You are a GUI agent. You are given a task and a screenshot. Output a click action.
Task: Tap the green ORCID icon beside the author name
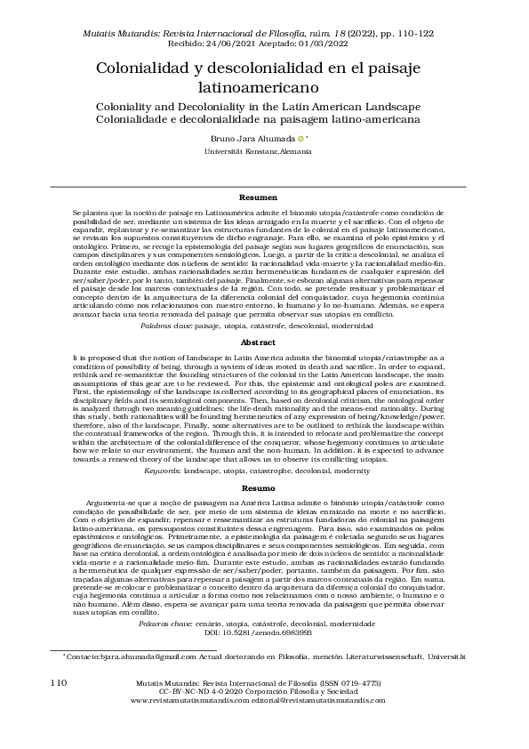click(301, 139)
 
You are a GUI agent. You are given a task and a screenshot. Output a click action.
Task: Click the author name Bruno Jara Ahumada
click(253, 139)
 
